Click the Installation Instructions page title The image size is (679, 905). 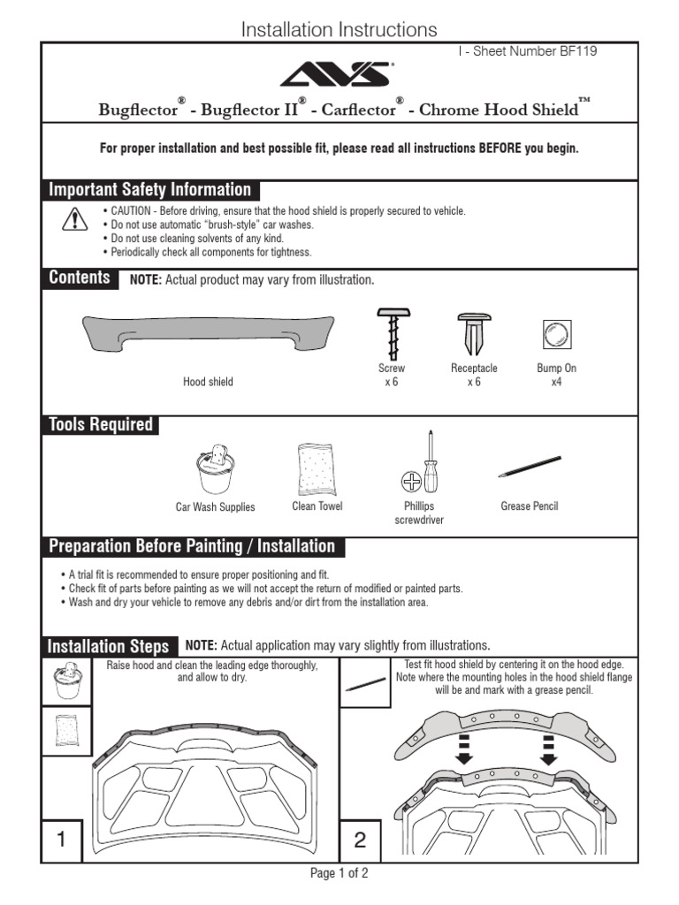point(339,29)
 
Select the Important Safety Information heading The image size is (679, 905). point(150,190)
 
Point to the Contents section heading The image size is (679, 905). point(80,278)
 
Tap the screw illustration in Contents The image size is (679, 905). point(391,332)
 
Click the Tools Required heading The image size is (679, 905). point(101,425)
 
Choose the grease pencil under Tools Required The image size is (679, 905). point(529,467)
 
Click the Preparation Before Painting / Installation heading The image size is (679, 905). point(193,546)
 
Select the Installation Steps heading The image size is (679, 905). point(108,647)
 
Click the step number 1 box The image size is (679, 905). point(62,840)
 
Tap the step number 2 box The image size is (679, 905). point(360,840)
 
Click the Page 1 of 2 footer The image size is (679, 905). point(339,873)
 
